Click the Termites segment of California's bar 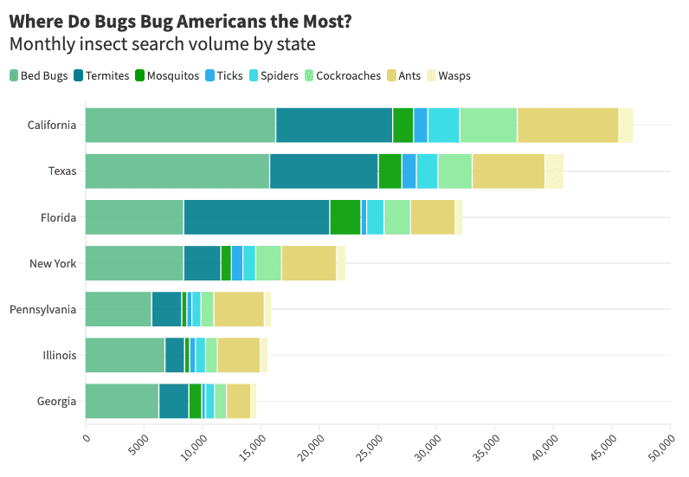click(333, 126)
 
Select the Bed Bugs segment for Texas click(177, 171)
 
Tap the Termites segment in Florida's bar click(256, 217)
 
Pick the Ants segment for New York click(308, 263)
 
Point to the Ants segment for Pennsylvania click(238, 309)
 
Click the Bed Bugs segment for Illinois click(125, 355)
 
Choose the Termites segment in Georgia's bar click(173, 401)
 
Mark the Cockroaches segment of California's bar click(488, 126)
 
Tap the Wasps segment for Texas click(554, 171)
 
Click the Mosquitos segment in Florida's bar click(344, 217)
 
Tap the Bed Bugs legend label click(44, 76)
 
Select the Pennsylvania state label click(43, 309)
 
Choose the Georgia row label click(57, 401)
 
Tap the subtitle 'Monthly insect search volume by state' click(162, 43)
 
